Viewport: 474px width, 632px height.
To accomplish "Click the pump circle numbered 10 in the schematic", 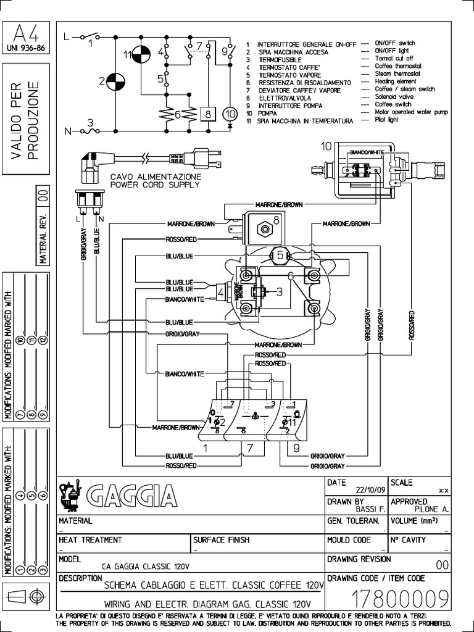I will coord(230,114).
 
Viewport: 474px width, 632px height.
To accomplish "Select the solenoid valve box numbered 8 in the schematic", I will coord(209,114).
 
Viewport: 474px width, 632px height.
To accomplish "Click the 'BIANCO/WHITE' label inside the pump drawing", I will coord(366,151).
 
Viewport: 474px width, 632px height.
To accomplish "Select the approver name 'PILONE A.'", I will coord(431,509).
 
